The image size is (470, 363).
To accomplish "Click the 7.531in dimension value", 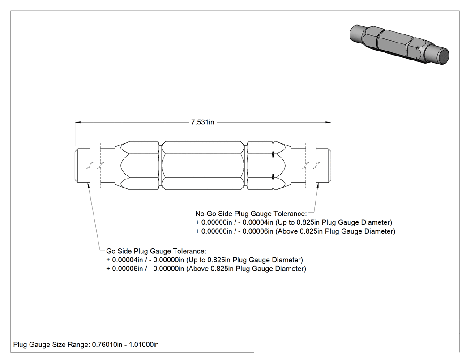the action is pos(203,122).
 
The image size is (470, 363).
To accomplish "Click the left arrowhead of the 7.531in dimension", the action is pos(78,122).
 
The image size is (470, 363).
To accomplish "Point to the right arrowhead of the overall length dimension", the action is pos(328,122).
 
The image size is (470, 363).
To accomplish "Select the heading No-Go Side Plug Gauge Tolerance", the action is pos(251,214).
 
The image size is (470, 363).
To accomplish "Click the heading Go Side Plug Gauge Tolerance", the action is pos(156,251).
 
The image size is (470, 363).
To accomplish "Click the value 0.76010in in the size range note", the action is pos(107,345).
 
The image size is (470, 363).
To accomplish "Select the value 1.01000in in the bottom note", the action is pos(144,345).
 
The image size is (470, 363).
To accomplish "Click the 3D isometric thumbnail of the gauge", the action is pos(399,45).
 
